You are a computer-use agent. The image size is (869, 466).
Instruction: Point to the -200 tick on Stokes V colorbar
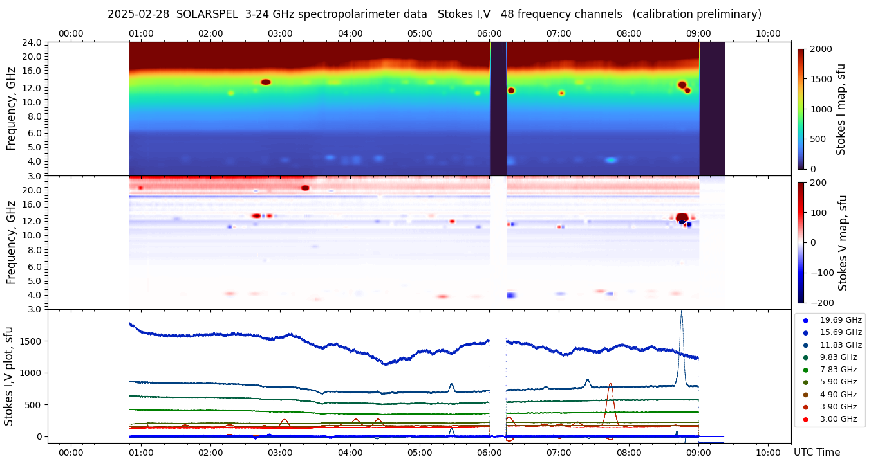[x=819, y=303]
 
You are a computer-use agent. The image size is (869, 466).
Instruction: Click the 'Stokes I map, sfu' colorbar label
[x=841, y=109]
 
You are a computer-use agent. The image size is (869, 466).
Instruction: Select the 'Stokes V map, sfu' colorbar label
[x=843, y=242]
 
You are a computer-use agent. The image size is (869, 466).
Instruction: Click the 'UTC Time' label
[x=816, y=453]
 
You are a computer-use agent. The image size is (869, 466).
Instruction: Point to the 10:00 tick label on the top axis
[x=768, y=33]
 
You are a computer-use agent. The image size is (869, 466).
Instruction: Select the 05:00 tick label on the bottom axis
[x=420, y=453]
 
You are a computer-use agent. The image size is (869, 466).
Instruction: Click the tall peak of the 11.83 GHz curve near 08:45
[x=681, y=313]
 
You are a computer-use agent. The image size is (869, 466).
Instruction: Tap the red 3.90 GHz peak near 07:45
[x=610, y=385]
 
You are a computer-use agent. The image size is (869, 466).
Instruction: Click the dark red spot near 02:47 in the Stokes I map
[x=266, y=82]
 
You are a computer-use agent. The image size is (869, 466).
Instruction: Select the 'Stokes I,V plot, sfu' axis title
[x=9, y=376]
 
